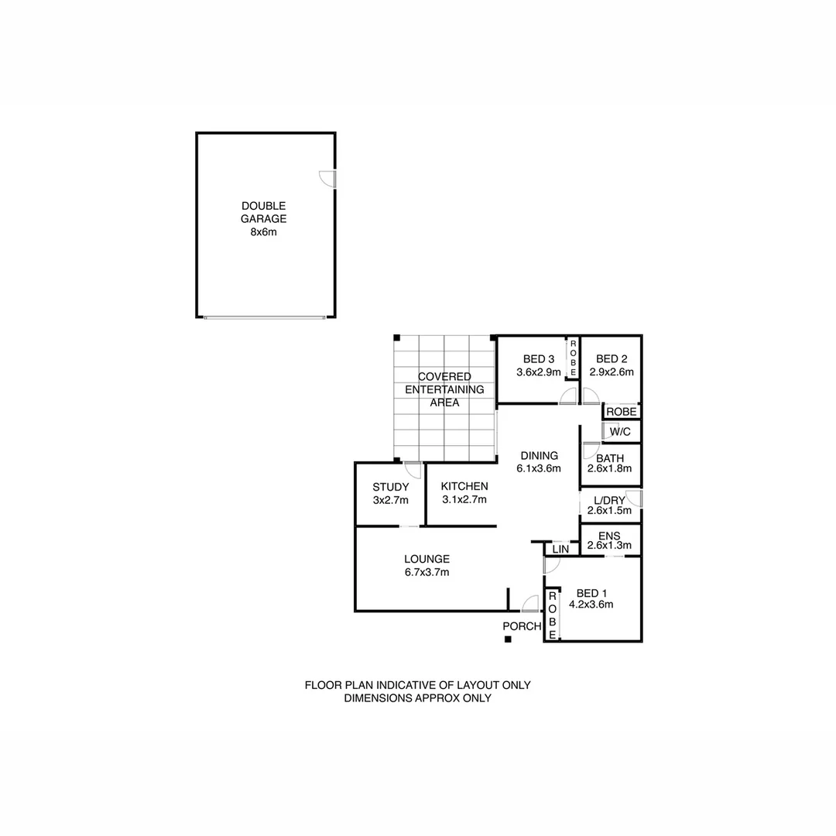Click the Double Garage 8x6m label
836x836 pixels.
pos(263,219)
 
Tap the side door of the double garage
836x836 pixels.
pos(329,179)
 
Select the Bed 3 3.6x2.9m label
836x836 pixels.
pos(538,365)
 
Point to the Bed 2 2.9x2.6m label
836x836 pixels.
pos(612,365)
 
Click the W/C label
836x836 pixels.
pos(619,431)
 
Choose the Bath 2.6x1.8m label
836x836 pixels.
pos(610,464)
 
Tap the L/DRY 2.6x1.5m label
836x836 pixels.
pos(610,505)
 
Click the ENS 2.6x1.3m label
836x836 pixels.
pos(610,540)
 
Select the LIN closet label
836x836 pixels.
pos(560,550)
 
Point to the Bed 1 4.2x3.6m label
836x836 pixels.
pos(591,599)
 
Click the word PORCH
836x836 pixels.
pos(522,626)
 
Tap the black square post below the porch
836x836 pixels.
pos(507,639)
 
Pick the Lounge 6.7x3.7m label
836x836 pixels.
pos(427,566)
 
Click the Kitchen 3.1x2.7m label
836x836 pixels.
pos(464,492)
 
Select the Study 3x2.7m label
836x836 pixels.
pos(390,493)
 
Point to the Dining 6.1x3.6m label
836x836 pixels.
pos(538,461)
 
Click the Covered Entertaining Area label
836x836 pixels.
pos(444,389)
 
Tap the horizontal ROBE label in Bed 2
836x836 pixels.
pos(621,412)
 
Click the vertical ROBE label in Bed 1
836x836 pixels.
pos(553,615)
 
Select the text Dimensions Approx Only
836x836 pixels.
pos(417,697)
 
